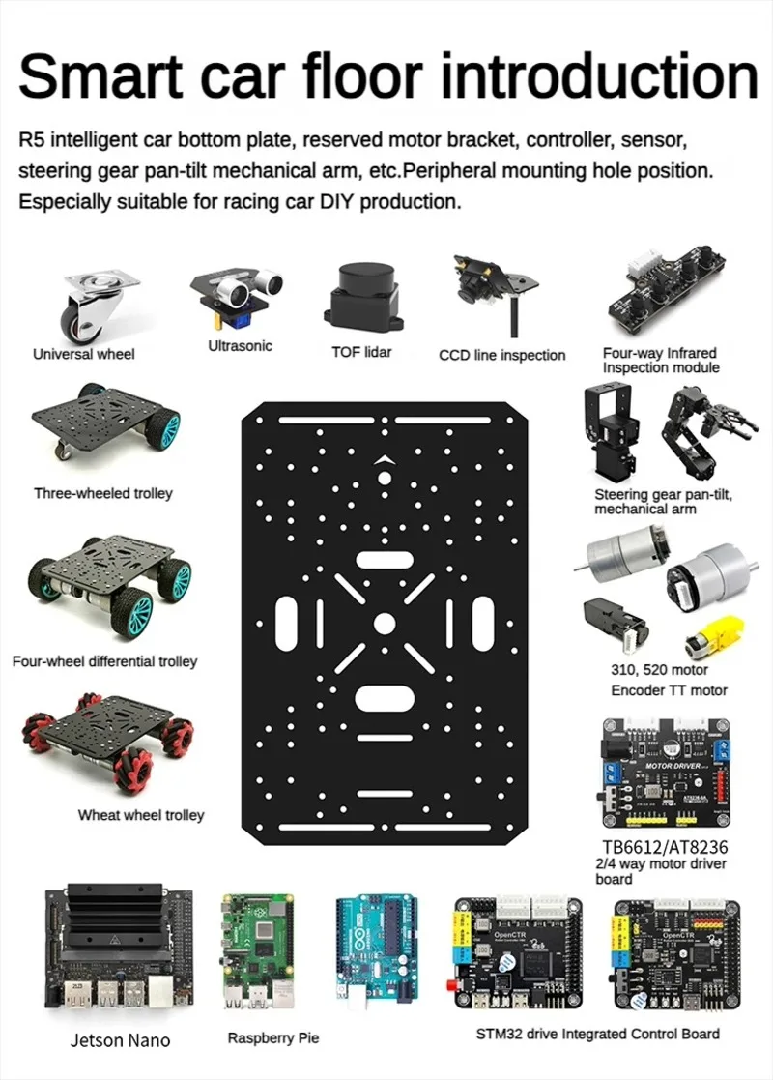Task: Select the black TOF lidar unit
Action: coord(361,295)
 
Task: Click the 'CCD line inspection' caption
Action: coord(501,355)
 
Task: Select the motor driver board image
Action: coord(667,774)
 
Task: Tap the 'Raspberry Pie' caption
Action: coord(272,1037)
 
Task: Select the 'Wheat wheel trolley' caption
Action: coord(141,815)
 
